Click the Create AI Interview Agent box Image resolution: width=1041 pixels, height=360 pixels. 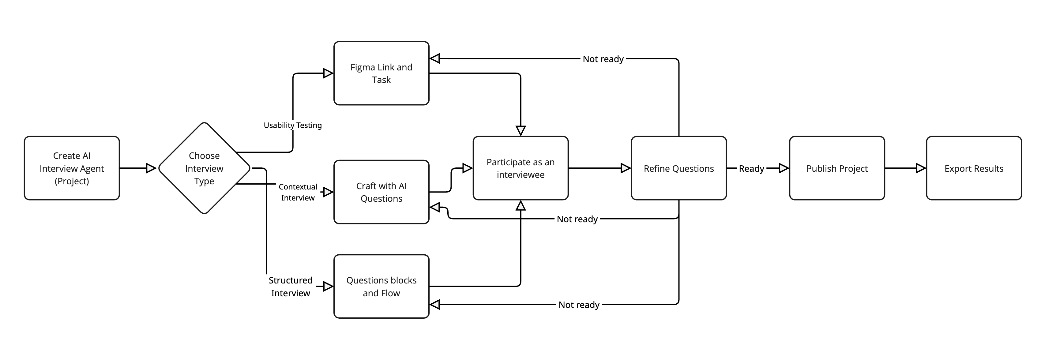pos(72,168)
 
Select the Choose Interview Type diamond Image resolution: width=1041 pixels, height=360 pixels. pos(204,168)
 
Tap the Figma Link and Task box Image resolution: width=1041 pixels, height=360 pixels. pos(381,73)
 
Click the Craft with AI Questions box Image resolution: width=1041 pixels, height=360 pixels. pos(381,192)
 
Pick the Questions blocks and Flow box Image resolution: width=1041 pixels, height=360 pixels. pos(381,287)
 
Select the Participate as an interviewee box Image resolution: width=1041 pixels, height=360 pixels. pos(520,168)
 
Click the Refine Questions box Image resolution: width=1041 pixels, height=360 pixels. pos(678,168)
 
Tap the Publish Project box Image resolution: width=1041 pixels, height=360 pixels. pos(836,168)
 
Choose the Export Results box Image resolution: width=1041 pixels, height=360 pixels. pos(974,168)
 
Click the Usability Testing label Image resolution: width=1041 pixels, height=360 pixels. pos(293,125)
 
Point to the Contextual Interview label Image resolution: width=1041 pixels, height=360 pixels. pos(298,192)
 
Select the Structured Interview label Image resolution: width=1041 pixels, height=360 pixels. pos(290,287)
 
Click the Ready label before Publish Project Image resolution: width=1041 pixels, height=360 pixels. pos(751,168)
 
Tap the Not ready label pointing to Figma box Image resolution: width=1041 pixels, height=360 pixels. pos(603,59)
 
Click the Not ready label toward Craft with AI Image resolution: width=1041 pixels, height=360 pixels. pos(577,219)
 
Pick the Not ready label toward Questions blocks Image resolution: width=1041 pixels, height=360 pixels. pos(579,305)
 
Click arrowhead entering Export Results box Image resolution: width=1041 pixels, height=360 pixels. pos(921,168)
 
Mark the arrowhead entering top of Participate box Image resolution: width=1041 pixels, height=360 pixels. pos(520,130)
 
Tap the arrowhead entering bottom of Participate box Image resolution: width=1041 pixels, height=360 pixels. pos(520,206)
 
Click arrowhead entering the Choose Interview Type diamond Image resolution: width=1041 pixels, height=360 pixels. pos(151,168)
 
